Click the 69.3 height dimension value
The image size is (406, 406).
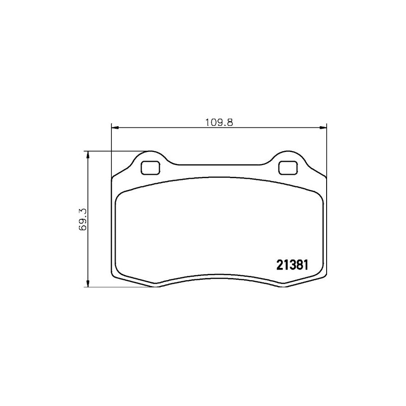pos(82,219)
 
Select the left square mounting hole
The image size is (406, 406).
pos(150,168)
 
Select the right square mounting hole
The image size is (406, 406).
pos(287,168)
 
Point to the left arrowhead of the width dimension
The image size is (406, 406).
pos(114,128)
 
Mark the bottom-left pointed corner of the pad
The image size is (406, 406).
pos(155,286)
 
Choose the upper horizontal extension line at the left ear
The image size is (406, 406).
pos(117,151)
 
